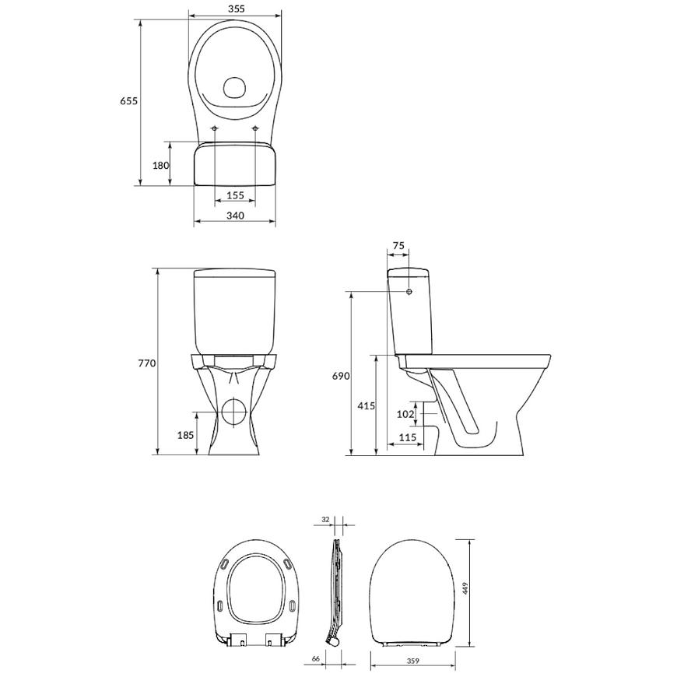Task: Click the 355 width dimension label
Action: click(x=235, y=9)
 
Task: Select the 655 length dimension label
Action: click(x=128, y=100)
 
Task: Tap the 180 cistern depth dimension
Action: click(x=160, y=165)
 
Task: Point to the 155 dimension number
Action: click(x=235, y=195)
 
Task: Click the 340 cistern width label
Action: click(x=235, y=215)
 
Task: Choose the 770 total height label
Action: click(x=147, y=363)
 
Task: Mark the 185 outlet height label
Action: click(x=186, y=435)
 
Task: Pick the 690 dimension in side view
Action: click(x=341, y=376)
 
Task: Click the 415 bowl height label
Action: click(x=367, y=406)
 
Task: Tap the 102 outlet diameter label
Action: click(x=405, y=414)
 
